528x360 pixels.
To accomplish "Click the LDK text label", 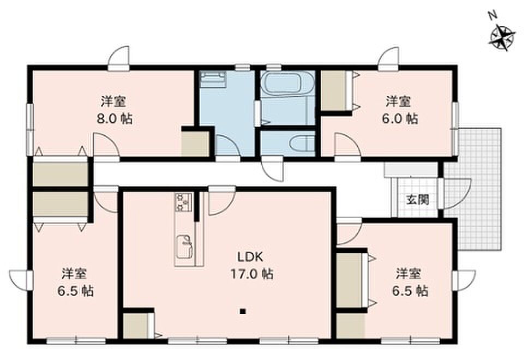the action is [x=250, y=257].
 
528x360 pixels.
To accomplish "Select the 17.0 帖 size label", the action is [x=251, y=274].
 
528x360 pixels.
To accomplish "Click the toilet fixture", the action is [x=302, y=143].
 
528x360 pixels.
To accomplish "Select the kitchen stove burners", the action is [x=183, y=202].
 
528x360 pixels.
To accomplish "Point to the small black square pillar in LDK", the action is [x=242, y=311].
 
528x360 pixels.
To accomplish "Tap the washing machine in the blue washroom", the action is [x=212, y=79].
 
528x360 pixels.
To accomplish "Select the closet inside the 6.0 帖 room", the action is [x=334, y=91].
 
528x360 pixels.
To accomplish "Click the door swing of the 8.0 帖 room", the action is [x=106, y=145].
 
